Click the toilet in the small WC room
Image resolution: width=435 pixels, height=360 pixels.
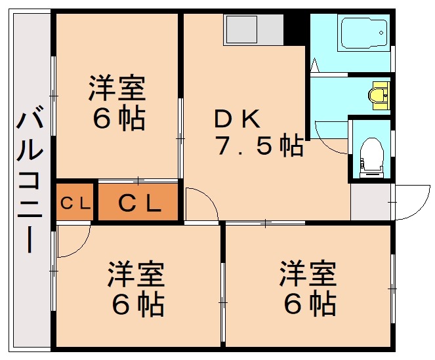(x=372, y=155)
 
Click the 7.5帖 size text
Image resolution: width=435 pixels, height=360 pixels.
(x=259, y=145)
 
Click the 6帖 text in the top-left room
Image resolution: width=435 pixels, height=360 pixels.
(x=118, y=119)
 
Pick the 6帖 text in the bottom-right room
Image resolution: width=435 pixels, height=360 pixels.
(x=310, y=304)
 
